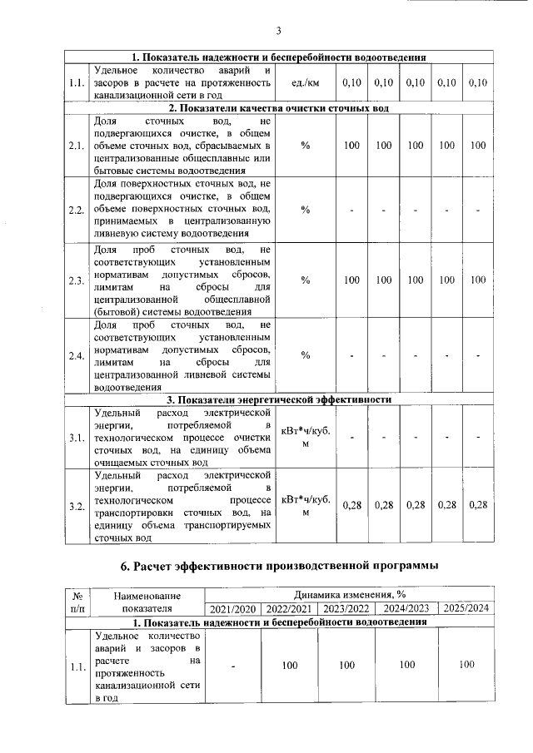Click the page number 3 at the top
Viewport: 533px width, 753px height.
(279, 32)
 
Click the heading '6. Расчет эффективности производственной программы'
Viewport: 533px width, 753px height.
(279, 567)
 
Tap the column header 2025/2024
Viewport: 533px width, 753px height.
(466, 609)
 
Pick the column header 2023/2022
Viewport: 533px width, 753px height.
(346, 609)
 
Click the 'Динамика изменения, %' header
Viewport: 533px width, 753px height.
(349, 596)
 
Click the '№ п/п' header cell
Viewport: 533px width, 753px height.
(77, 602)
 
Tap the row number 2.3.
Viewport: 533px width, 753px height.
(77, 280)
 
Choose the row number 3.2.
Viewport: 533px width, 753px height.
(77, 505)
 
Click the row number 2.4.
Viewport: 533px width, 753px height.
(77, 356)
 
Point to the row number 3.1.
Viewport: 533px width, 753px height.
(77, 437)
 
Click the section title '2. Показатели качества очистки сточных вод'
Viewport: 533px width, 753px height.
(280, 108)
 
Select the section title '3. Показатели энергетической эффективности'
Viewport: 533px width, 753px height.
(280, 399)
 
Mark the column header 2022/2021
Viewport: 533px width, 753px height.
(289, 609)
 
